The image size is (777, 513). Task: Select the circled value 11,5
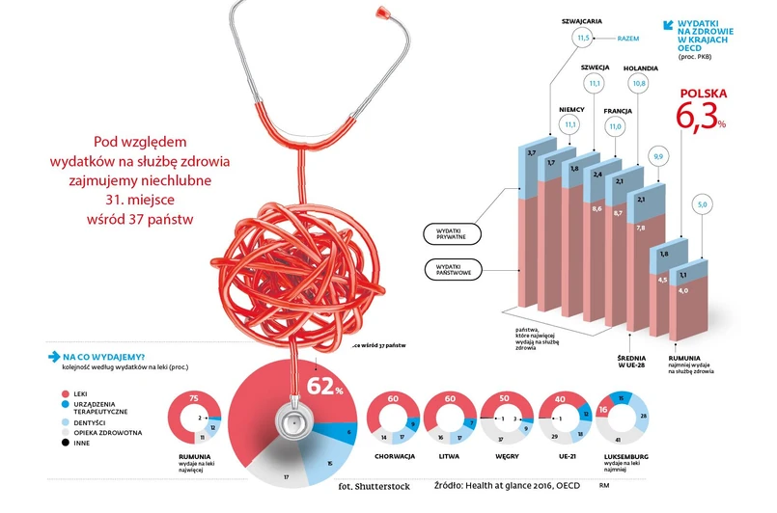(x=583, y=39)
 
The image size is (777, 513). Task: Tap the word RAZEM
(x=629, y=40)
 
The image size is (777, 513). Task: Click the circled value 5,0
(x=703, y=204)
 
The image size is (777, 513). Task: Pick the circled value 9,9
(x=659, y=156)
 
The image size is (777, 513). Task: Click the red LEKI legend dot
(x=66, y=393)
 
